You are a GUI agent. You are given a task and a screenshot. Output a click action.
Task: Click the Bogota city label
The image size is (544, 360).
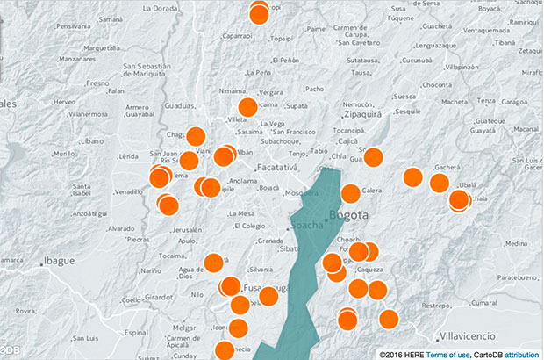click(x=349, y=216)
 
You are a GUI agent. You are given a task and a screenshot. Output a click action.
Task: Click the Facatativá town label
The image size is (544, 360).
click(x=277, y=167)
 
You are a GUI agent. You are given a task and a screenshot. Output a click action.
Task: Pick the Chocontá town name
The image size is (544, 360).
click(x=436, y=84)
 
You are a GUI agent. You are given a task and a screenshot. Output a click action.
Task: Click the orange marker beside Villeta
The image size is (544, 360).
click(x=247, y=107)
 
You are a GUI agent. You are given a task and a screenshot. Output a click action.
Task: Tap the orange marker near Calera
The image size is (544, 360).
click(x=350, y=193)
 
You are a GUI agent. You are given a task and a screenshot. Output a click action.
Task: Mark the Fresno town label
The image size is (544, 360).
click(x=97, y=83)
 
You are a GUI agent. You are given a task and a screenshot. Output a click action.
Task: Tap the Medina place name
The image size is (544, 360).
click(x=517, y=244)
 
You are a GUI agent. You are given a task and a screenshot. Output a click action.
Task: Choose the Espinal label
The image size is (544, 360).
click(x=137, y=333)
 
